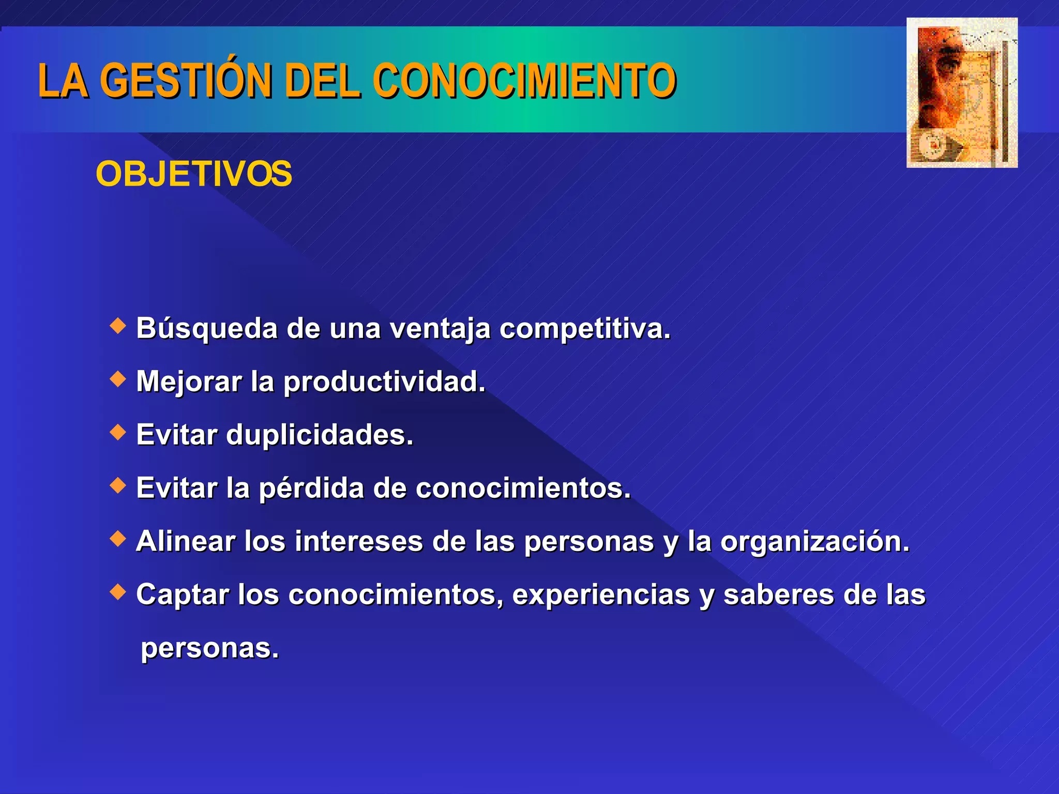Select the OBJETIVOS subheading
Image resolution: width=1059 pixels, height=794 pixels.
(194, 174)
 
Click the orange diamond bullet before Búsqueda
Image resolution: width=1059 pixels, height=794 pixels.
(118, 326)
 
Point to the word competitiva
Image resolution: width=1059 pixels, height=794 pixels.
(584, 329)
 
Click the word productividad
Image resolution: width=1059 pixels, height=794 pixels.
(384, 383)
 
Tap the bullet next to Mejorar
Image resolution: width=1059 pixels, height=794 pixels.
(118, 379)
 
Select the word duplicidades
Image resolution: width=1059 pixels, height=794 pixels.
(320, 435)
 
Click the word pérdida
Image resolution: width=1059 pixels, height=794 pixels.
(311, 488)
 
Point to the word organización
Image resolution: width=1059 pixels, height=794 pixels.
(814, 542)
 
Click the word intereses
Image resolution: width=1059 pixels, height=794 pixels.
(359, 541)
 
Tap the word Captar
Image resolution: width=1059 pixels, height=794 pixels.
(182, 595)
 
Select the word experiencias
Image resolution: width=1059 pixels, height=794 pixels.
(601, 595)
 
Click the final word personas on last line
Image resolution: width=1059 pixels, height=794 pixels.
(209, 649)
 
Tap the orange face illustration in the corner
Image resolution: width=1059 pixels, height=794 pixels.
(962, 93)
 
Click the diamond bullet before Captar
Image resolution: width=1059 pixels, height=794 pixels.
(118, 591)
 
